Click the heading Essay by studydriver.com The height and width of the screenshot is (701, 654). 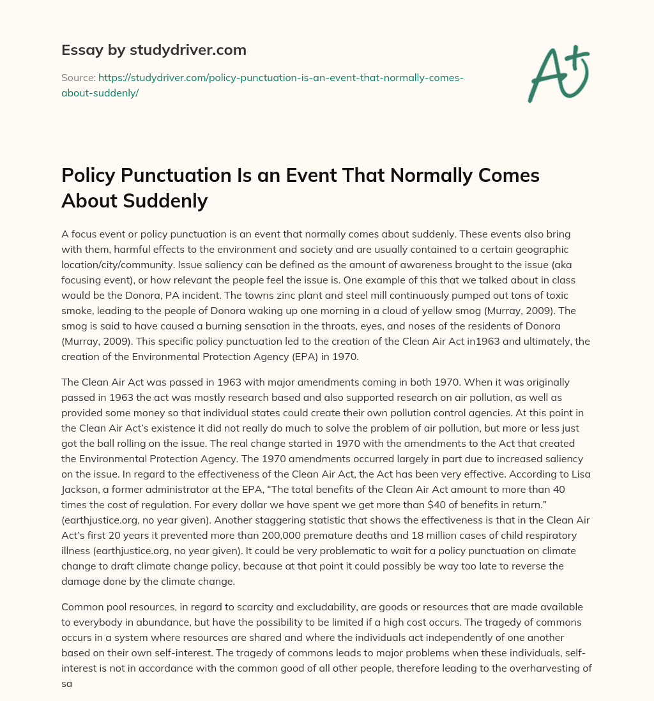[153, 50]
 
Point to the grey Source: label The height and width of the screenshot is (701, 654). [78, 77]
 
